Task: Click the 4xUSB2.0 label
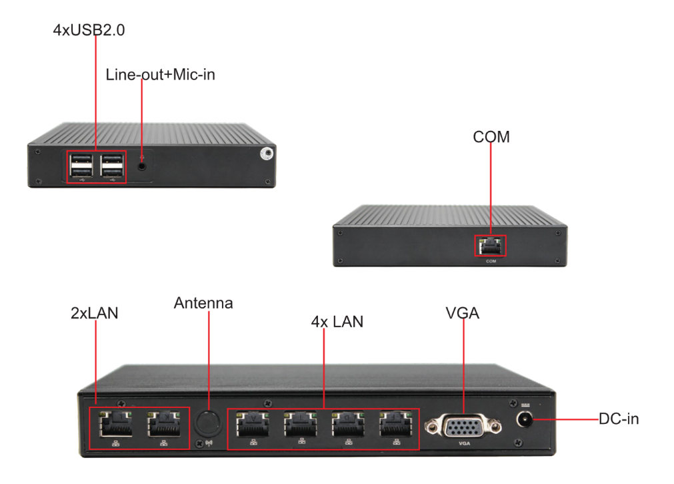(x=89, y=30)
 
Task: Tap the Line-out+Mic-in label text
(x=160, y=75)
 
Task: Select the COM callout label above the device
(x=491, y=137)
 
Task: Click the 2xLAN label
(x=95, y=312)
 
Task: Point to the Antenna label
(x=203, y=303)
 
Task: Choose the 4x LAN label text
(x=337, y=322)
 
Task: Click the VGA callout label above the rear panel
(x=463, y=312)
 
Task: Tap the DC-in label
(x=619, y=419)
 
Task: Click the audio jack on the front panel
(x=142, y=162)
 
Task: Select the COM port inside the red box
(x=491, y=246)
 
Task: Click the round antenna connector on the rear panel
(x=207, y=422)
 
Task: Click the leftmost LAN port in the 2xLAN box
(x=115, y=423)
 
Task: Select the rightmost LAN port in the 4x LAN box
(x=395, y=424)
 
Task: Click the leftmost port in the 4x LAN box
(x=253, y=424)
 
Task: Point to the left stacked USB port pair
(x=81, y=166)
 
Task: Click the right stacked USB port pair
(x=112, y=166)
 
